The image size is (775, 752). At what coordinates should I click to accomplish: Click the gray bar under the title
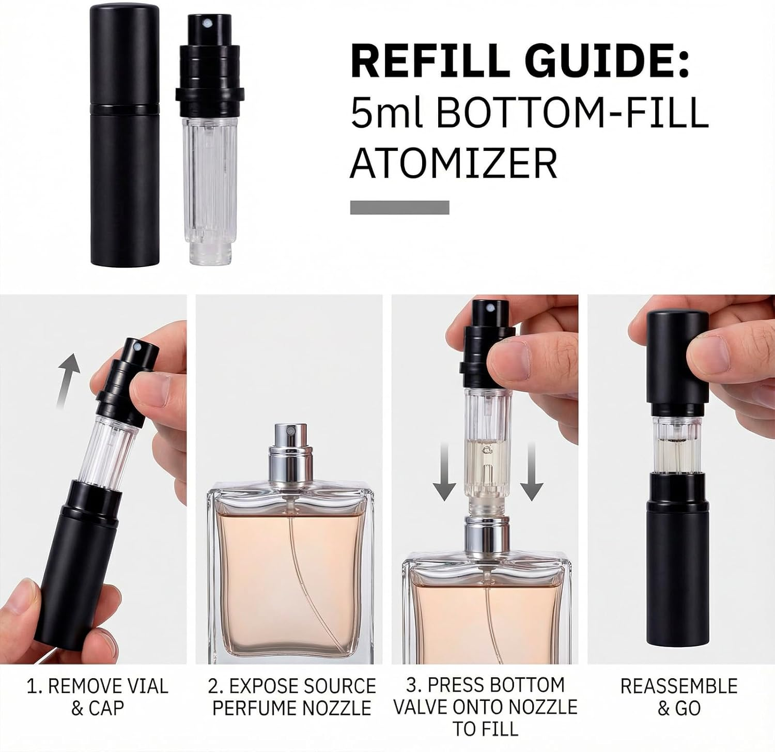pyautogui.click(x=399, y=207)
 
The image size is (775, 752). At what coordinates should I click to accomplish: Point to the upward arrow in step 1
pyautogui.click(x=69, y=380)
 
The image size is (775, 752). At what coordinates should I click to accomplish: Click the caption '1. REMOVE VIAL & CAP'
pyautogui.click(x=97, y=697)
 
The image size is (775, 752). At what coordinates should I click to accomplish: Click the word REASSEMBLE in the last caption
pyautogui.click(x=678, y=686)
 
